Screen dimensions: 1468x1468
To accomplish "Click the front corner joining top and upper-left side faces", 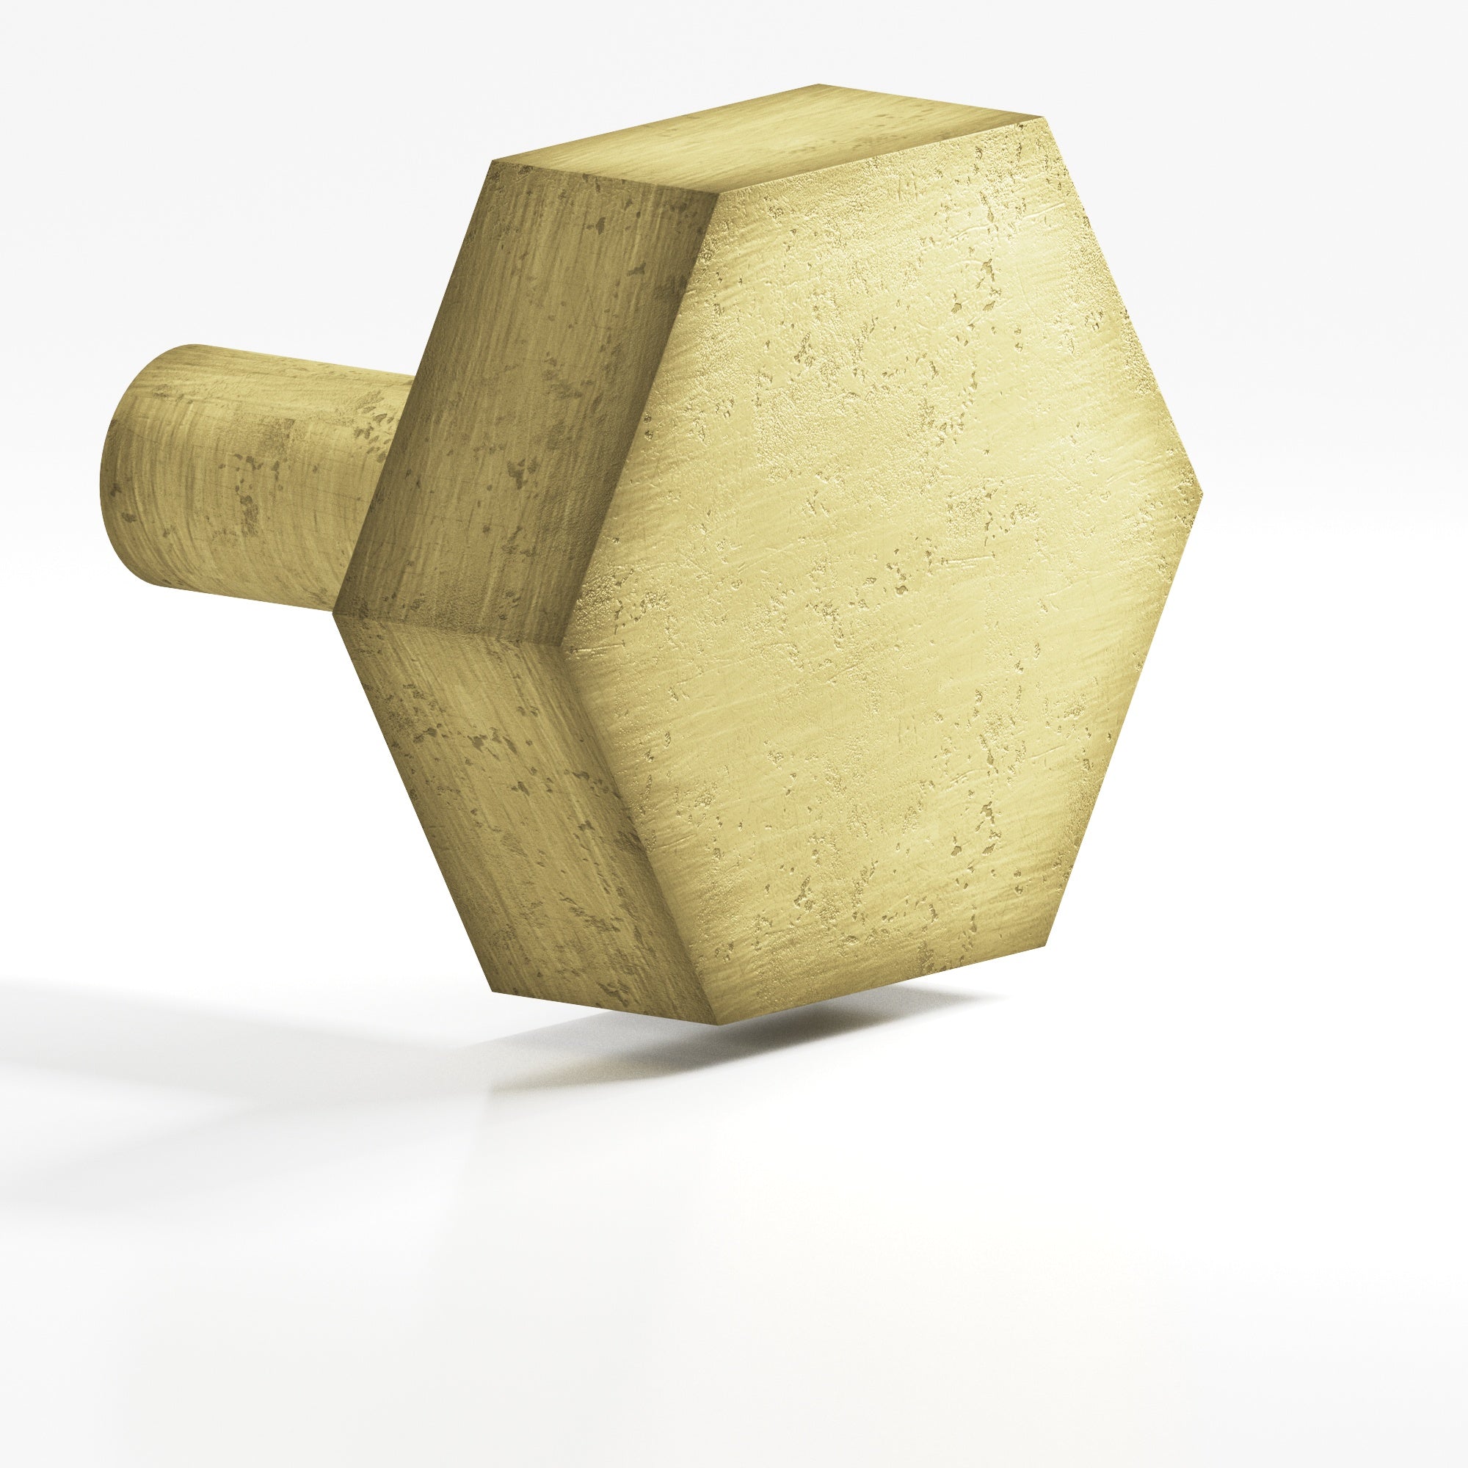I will coord(716,190).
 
